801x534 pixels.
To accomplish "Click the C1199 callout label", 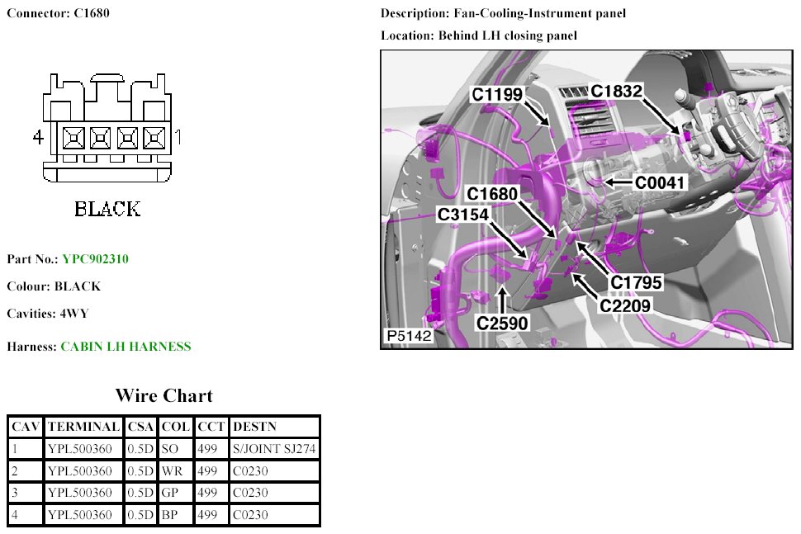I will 496,95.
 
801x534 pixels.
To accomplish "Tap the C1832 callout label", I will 616,91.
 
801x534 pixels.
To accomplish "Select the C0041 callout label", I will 660,182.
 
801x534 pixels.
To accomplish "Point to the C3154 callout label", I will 463,215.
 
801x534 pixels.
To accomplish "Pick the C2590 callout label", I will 502,323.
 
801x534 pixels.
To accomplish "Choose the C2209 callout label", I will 626,305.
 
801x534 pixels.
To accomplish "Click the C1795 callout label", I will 637,283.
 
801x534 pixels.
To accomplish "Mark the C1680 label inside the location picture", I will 492,194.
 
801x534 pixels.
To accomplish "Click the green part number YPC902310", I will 95,259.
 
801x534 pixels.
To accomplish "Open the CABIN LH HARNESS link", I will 126,347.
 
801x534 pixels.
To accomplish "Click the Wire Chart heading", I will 164,395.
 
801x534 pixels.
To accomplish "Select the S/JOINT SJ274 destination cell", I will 274,449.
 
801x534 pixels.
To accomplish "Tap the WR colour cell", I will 172,471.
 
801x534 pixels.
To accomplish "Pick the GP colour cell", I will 171,494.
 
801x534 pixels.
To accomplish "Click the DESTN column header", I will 255,427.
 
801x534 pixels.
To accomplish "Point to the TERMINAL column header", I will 83,427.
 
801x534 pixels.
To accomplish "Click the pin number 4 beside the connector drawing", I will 37,137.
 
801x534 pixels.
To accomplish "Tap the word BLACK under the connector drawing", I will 107,209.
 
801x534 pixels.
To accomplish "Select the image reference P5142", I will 409,337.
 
